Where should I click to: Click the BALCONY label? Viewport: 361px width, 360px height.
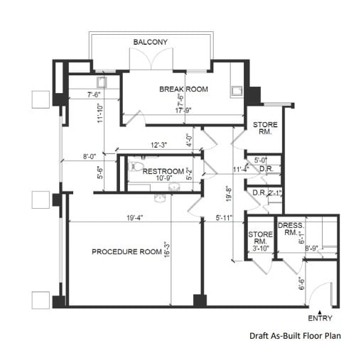(x=151, y=43)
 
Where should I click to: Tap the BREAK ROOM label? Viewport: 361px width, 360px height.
(x=183, y=89)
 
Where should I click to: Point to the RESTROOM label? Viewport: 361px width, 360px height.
(x=163, y=171)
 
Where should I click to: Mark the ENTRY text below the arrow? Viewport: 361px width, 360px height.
(x=320, y=319)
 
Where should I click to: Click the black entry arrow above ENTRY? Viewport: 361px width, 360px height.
(x=320, y=311)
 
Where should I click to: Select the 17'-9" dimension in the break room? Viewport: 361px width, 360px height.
(x=182, y=110)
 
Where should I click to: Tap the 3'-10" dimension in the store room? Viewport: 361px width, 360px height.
(x=257, y=248)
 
